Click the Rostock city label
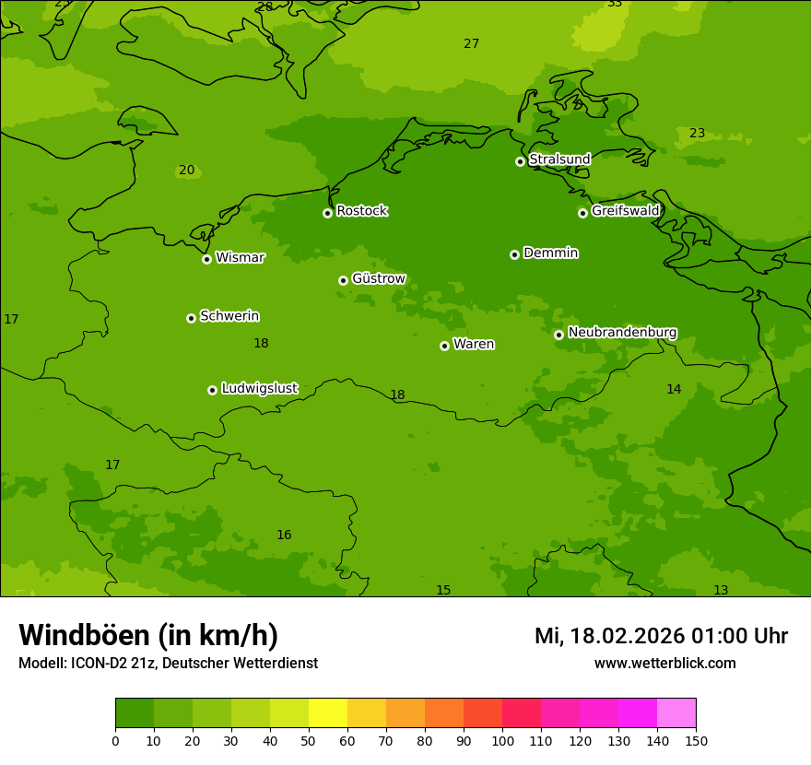point(361,211)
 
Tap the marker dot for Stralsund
point(520,161)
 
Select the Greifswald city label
point(625,211)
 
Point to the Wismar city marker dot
point(206,259)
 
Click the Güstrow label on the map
point(378,278)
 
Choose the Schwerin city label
point(229,316)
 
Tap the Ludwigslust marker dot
point(212,390)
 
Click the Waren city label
point(473,345)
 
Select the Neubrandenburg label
point(622,333)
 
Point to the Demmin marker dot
point(514,254)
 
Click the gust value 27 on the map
point(471,44)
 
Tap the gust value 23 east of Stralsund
point(697,134)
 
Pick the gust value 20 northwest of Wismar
point(186,171)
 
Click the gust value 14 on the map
point(674,390)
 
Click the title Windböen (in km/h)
point(148,635)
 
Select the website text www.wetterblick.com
point(664,664)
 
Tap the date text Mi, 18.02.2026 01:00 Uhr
point(661,636)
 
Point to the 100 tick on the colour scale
point(502,740)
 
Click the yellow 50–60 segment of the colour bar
point(328,713)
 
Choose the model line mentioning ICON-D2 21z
point(168,664)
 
